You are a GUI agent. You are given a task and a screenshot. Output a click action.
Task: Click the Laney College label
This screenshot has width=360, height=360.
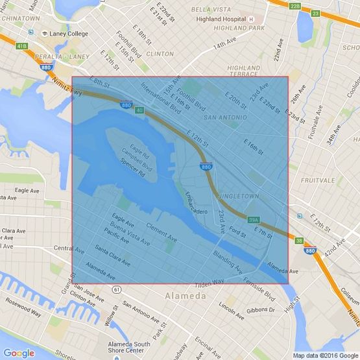68,33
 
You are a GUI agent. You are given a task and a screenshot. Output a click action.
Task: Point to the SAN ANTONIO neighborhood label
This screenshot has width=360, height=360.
225,117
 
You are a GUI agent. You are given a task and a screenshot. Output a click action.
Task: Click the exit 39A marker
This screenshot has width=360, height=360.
254,220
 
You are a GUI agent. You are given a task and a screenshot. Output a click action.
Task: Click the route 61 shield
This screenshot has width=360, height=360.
115,289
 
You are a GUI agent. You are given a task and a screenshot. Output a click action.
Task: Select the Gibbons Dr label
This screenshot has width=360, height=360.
261,309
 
